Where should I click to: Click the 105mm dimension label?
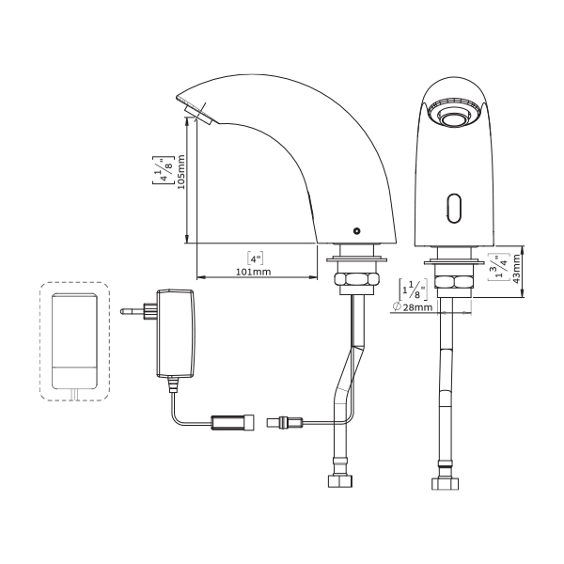tap(181, 172)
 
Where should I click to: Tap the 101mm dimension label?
tap(253, 272)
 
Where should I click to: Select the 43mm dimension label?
tap(516, 269)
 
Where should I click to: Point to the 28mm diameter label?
tap(414, 306)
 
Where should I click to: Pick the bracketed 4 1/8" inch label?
tap(163, 170)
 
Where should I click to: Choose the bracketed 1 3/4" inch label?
tap(498, 267)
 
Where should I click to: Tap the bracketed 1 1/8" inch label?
tap(414, 290)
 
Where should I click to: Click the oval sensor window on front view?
tap(453, 208)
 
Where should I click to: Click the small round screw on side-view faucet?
tap(357, 231)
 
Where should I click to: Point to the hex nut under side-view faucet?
tap(357, 279)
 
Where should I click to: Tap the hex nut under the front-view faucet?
tap(453, 282)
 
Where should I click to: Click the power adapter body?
tap(176, 334)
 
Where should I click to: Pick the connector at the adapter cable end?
tap(233, 422)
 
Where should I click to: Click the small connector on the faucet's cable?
tap(285, 421)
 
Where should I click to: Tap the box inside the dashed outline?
tap(74, 341)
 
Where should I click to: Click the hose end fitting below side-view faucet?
tap(340, 480)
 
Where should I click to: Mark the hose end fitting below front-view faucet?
tap(446, 483)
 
